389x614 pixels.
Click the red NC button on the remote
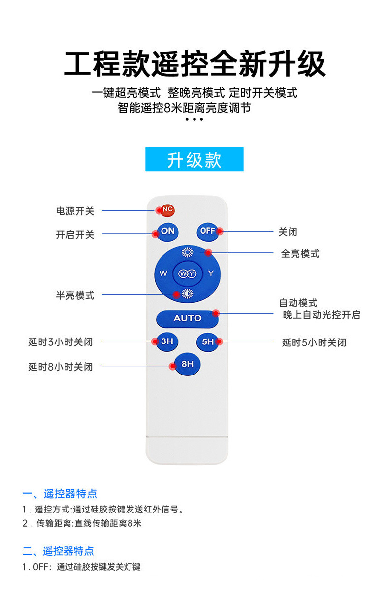tap(167, 209)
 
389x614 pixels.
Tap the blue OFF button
tap(207, 231)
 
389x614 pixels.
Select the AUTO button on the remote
tap(187, 318)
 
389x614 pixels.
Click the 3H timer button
tap(167, 341)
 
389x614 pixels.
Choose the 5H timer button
tap(207, 341)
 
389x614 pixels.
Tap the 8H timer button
tap(187, 365)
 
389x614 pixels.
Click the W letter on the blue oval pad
tap(163, 273)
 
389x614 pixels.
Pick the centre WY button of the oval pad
tap(187, 273)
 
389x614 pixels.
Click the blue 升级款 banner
tap(194, 160)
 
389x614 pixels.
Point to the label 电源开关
tap(74, 211)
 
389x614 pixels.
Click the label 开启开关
tap(74, 235)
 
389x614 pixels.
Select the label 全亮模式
tap(300, 253)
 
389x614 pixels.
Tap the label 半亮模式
tap(74, 295)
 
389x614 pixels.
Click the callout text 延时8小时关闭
tap(60, 367)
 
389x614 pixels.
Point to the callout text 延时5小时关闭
tap(314, 342)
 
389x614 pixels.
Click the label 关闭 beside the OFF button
tap(288, 232)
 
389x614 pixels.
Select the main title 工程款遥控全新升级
tap(194, 65)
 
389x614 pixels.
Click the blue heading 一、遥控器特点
tap(60, 493)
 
